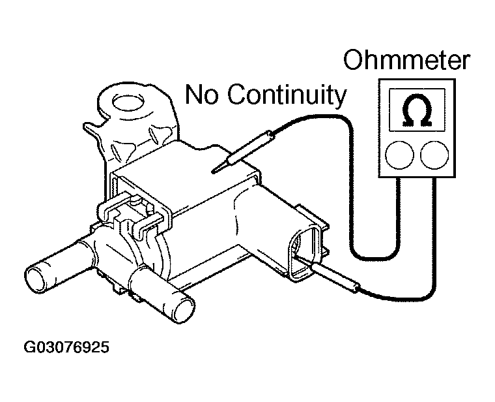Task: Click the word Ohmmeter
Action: coord(406,60)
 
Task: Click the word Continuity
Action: coord(287,95)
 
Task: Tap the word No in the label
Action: coord(201,94)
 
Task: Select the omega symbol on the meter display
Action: coord(417,110)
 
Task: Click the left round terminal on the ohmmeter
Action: coord(399,155)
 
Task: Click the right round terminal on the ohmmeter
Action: coord(434,155)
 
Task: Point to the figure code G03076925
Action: coord(66,347)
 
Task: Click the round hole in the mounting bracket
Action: coord(128,103)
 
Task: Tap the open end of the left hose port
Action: coord(37,279)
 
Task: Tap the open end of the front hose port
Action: coord(180,310)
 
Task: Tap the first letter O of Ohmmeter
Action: coord(352,60)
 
